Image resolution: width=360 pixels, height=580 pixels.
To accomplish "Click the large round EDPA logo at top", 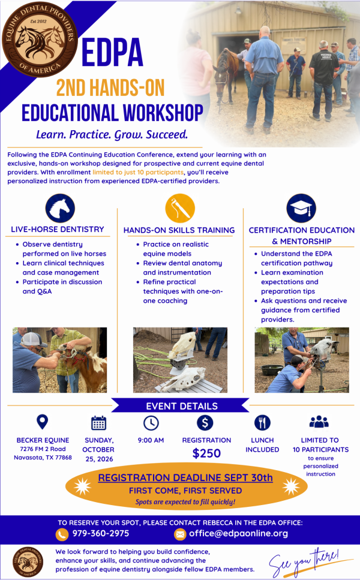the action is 40,40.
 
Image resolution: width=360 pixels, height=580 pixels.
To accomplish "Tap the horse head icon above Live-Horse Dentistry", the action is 60,208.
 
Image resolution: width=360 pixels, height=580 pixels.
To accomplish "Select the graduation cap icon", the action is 301,208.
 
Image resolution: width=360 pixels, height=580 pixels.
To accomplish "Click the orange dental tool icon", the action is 180,208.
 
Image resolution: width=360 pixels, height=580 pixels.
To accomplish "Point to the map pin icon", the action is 43,422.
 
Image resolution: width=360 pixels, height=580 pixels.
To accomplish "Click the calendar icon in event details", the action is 98,423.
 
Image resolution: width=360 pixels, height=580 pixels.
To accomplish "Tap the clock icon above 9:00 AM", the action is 151,423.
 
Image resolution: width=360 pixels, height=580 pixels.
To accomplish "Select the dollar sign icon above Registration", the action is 205,422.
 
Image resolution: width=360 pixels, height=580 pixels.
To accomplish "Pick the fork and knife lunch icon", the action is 262,422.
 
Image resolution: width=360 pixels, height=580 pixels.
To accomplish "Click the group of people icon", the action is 319,422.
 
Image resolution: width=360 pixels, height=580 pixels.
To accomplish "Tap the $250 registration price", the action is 206,453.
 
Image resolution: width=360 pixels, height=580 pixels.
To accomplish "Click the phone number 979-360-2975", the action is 101,533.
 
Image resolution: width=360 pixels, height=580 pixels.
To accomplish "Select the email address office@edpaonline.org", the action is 238,533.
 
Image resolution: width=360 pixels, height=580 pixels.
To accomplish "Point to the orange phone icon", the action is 62,534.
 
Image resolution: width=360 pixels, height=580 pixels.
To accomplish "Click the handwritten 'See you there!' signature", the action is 305,563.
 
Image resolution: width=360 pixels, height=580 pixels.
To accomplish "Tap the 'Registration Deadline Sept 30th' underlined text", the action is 185,477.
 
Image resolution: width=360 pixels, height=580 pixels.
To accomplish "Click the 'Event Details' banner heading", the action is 182,406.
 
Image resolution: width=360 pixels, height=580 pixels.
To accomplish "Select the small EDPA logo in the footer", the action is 28,562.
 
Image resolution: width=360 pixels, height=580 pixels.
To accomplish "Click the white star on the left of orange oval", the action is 82,486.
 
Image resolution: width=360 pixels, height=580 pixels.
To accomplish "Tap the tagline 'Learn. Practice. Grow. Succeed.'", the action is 112,134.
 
